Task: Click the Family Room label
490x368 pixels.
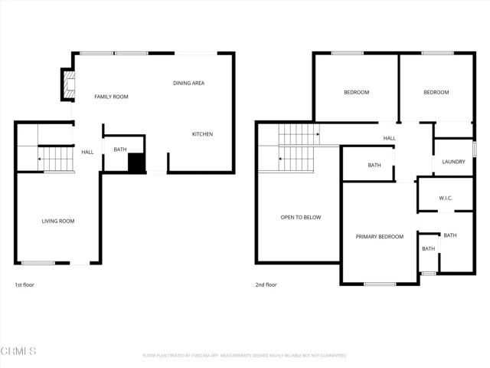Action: [111, 97]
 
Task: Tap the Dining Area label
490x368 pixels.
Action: [188, 83]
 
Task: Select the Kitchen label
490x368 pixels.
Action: [202, 134]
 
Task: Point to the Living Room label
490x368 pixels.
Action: [58, 221]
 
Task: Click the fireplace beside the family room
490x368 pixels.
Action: [67, 86]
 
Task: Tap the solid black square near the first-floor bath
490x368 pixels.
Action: [136, 163]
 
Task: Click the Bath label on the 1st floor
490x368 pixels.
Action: [120, 149]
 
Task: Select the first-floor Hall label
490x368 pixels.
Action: [87, 152]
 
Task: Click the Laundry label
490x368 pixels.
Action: [454, 162]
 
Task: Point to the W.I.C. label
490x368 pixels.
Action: [446, 199]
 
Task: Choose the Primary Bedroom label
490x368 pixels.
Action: [380, 236]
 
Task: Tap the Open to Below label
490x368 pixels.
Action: [301, 217]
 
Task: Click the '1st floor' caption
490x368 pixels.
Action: [24, 284]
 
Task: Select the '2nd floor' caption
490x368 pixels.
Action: [266, 284]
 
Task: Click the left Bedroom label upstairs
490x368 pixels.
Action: [356, 92]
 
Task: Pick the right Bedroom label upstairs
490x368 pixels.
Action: [436, 92]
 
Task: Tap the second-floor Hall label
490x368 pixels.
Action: [390, 138]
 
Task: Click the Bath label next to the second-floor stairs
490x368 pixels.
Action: [374, 165]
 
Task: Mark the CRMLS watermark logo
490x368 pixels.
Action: [18, 351]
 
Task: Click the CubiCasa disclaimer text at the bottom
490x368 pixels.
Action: [245, 356]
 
